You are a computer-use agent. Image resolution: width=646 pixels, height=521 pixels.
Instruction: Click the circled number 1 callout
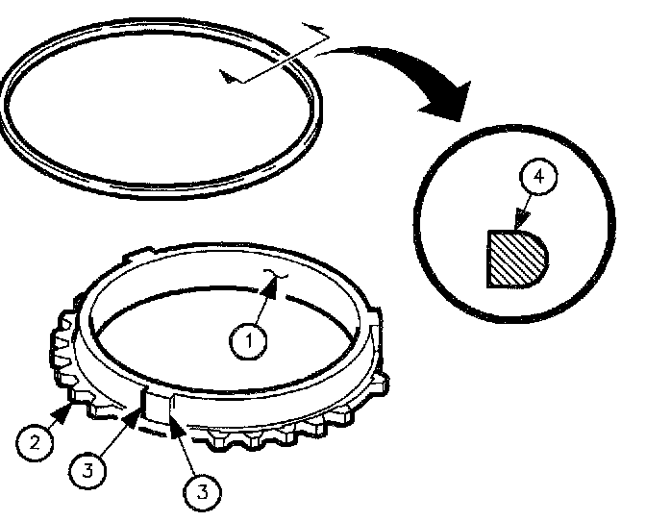tap(248, 341)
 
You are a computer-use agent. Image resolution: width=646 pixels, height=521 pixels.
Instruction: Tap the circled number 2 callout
tap(35, 443)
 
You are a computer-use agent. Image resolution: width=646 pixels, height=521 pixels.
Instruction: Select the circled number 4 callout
tap(538, 176)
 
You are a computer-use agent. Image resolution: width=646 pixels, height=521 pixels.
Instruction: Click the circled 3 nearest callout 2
tap(87, 469)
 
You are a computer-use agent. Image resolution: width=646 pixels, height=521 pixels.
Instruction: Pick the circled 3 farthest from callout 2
tap(202, 492)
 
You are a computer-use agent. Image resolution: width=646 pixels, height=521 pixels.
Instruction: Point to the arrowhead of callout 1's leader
tap(269, 287)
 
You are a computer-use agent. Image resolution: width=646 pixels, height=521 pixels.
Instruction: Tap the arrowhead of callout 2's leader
tap(63, 413)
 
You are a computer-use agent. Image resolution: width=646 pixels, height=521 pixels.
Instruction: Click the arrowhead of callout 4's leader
tap(522, 218)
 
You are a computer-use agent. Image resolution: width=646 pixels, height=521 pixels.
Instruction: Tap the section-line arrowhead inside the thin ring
tap(229, 76)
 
